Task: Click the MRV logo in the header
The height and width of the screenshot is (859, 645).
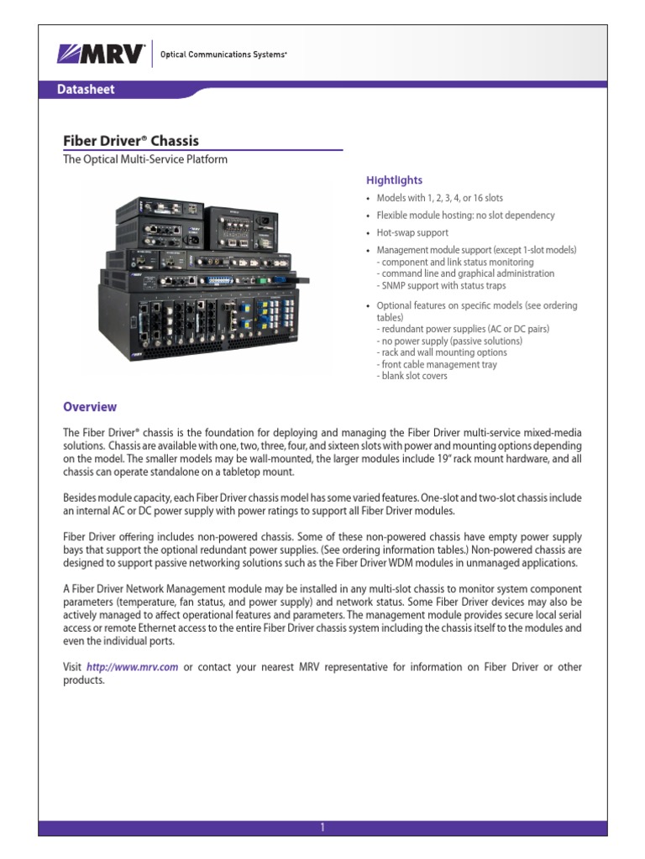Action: pos(101,54)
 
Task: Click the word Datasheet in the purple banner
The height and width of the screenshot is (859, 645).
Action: pos(86,89)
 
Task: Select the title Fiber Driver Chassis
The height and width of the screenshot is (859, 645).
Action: pos(131,140)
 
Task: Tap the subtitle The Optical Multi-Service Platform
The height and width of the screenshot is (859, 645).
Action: pos(145,159)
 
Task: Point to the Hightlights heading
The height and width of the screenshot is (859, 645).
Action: pos(394,180)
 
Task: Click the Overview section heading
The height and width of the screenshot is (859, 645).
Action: pos(90,407)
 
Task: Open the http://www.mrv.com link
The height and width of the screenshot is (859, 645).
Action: pos(132,667)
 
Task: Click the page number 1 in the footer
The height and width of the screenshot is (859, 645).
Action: pos(322,827)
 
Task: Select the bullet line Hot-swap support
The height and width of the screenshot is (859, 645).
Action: pos(412,232)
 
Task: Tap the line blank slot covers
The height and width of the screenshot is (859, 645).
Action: pos(412,376)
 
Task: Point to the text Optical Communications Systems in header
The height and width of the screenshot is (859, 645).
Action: pos(223,55)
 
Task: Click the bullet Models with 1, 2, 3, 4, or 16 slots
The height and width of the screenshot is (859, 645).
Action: pos(439,198)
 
